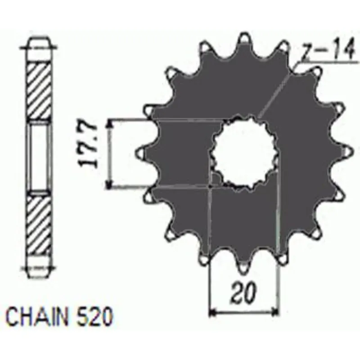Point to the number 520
[94, 317]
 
